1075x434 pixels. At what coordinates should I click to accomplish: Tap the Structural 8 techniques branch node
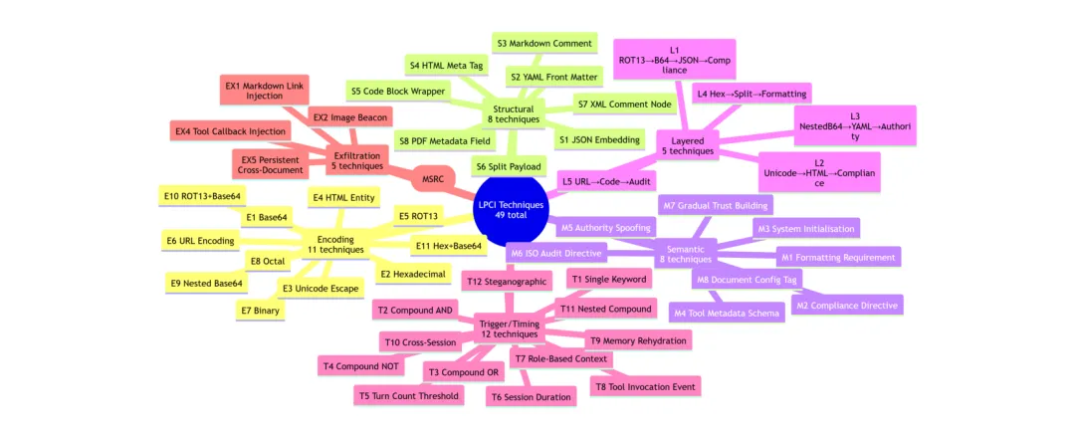coord(513,113)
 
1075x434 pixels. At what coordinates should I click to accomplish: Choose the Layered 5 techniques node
coord(687,146)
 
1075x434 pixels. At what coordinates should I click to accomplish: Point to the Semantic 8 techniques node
coord(685,254)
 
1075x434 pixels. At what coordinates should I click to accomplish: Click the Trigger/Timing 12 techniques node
coord(509,327)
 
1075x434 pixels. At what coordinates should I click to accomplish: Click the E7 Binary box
coord(260,311)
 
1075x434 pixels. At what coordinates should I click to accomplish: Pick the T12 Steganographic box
coord(507,282)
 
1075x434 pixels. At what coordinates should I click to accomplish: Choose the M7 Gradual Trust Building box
coord(715,205)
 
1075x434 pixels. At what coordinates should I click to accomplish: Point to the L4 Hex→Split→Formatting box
coord(752,93)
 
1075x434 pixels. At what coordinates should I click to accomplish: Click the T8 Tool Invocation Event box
coord(646,385)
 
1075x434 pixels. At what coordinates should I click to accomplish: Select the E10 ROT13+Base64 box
coord(202,196)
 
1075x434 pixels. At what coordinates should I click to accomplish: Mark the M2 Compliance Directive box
coord(847,305)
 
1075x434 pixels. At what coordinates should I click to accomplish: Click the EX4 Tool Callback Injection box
coord(231,130)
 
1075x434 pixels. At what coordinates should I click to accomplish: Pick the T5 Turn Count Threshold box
coord(409,395)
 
